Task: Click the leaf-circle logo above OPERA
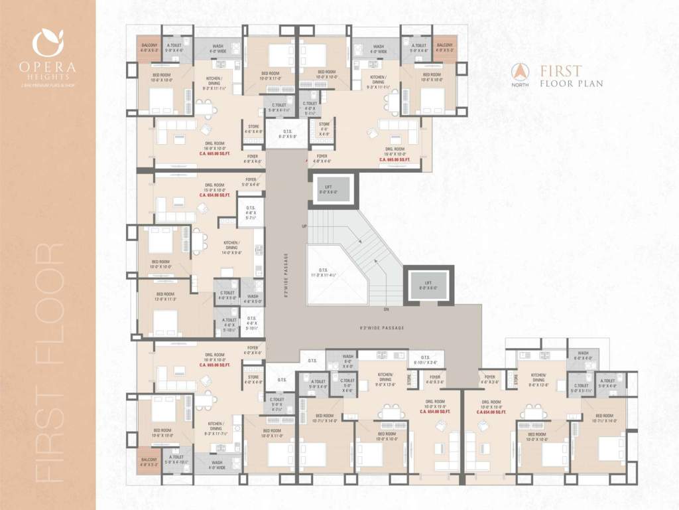coord(48,43)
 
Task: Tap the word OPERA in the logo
coord(48,67)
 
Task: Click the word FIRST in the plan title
coord(561,71)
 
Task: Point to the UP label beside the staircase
coord(304,226)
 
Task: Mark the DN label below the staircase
coord(385,309)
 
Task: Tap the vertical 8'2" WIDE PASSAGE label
coord(286,276)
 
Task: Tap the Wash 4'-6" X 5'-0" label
coord(253,299)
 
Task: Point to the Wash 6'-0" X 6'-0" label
coord(583,355)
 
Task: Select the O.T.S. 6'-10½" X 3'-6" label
coord(425,360)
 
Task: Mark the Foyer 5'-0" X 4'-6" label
coord(251,181)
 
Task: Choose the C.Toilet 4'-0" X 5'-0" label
coord(226,296)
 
